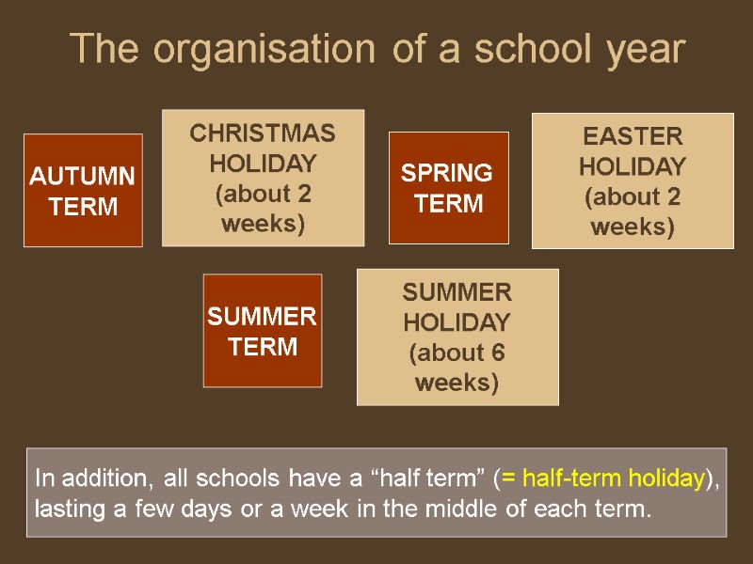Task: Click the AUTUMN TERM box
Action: (83, 191)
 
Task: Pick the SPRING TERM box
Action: (448, 188)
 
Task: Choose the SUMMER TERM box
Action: (263, 331)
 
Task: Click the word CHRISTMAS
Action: (263, 133)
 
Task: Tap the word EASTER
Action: (633, 136)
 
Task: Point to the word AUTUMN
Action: (83, 177)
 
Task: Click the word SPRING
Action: (448, 173)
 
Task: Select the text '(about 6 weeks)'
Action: (457, 368)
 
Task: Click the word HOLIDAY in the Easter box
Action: (633, 166)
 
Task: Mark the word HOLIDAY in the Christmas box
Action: (263, 164)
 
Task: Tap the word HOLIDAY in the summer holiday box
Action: (457, 322)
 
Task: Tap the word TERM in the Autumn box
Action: (83, 207)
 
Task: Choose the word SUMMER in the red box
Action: (263, 317)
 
